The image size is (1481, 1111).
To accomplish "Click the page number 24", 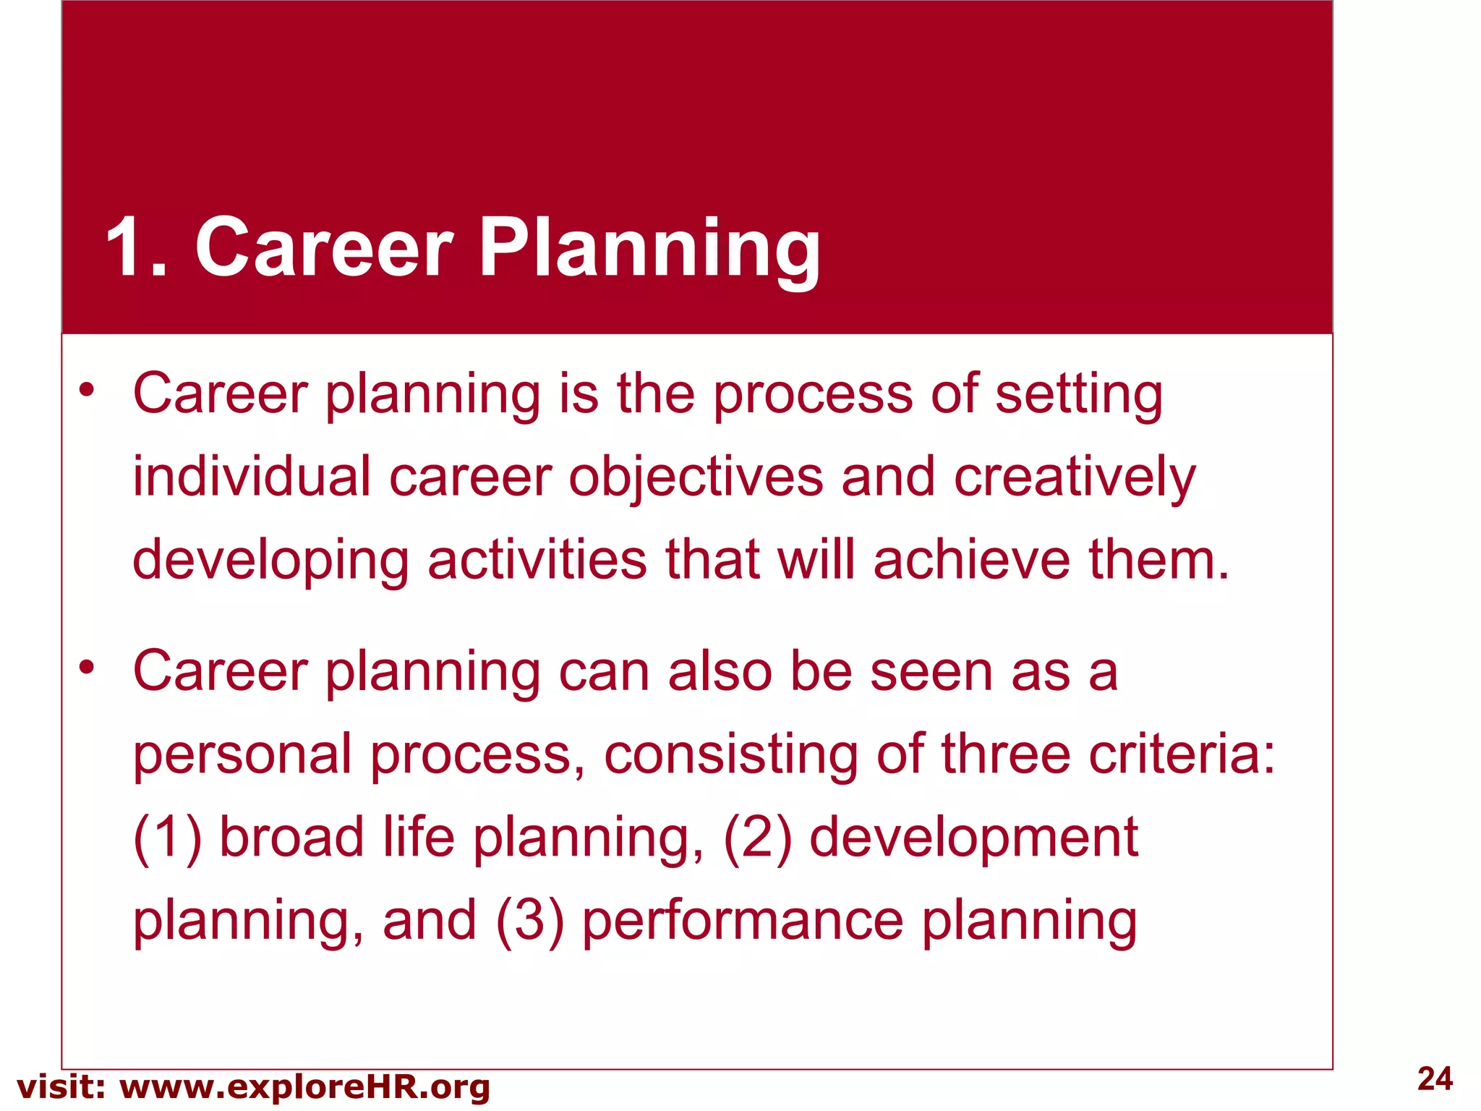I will coord(1435,1078).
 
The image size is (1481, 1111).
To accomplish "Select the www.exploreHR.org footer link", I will coord(304,1087).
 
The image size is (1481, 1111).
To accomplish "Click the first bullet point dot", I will coord(87,391).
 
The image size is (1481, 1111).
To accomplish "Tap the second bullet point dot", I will coord(87,668).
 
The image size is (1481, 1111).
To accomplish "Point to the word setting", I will coord(1078,396).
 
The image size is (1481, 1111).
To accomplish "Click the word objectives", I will coord(696,477).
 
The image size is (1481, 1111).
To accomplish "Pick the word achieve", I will coord(971,561).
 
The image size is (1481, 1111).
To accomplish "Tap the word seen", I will coord(931,671).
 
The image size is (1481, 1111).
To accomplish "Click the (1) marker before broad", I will coord(167,838).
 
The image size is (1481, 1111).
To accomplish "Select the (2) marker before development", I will coord(757,838).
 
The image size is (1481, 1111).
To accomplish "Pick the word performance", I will coord(743,922).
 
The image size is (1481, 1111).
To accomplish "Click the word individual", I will coord(252,477).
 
